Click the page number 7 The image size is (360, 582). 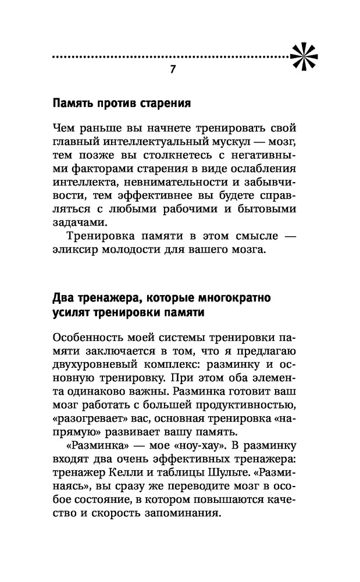(x=172, y=69)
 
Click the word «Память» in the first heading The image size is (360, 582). (x=72, y=104)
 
